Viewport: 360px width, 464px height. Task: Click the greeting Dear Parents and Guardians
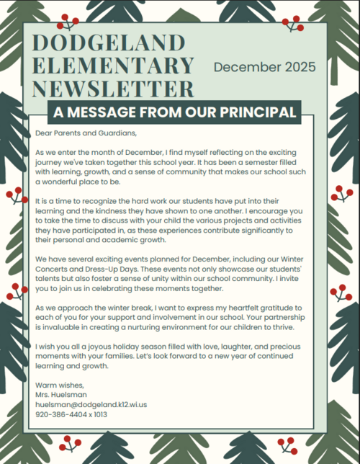pos(85,133)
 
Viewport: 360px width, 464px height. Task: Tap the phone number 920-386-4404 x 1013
pos(71,414)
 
